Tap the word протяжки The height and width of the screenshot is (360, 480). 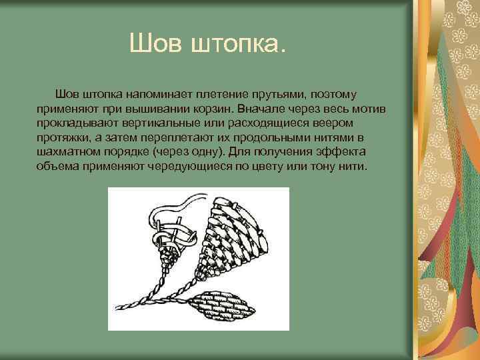63,138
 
